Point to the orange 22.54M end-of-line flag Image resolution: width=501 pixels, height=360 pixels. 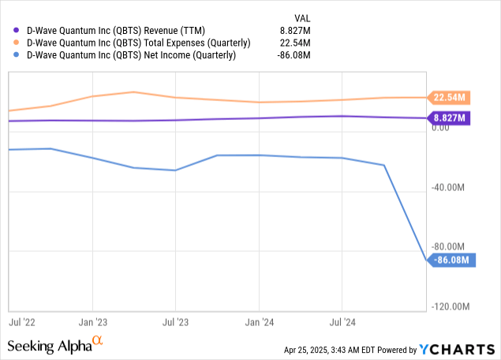(450, 98)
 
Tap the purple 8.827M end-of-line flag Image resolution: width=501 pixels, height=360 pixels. (450, 118)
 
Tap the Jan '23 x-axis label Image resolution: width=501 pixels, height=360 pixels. (94, 322)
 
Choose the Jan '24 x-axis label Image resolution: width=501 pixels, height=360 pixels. (260, 322)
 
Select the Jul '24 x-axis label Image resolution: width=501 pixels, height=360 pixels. (342, 322)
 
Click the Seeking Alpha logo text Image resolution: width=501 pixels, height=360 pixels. (49, 346)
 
